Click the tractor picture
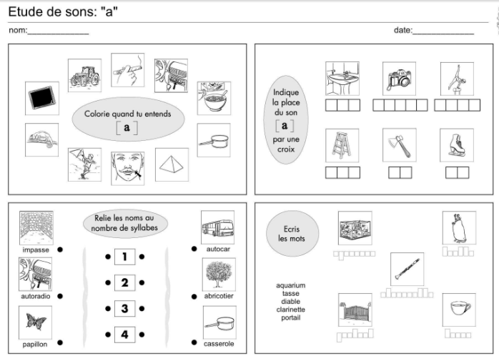(84, 76)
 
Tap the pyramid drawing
(172, 164)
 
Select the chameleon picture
(41, 139)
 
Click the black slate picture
(42, 98)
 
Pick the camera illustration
(399, 79)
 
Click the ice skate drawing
(457, 145)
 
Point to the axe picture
(400, 145)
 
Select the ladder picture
(342, 146)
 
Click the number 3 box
(124, 309)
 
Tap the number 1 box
(124, 257)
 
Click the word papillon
(35, 345)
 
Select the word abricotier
(219, 296)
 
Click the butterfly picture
(35, 323)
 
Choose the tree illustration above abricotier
(219, 275)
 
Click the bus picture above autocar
(217, 227)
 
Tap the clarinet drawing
(407, 269)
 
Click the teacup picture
(459, 310)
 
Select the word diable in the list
(290, 302)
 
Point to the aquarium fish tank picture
(355, 228)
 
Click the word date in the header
(402, 30)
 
